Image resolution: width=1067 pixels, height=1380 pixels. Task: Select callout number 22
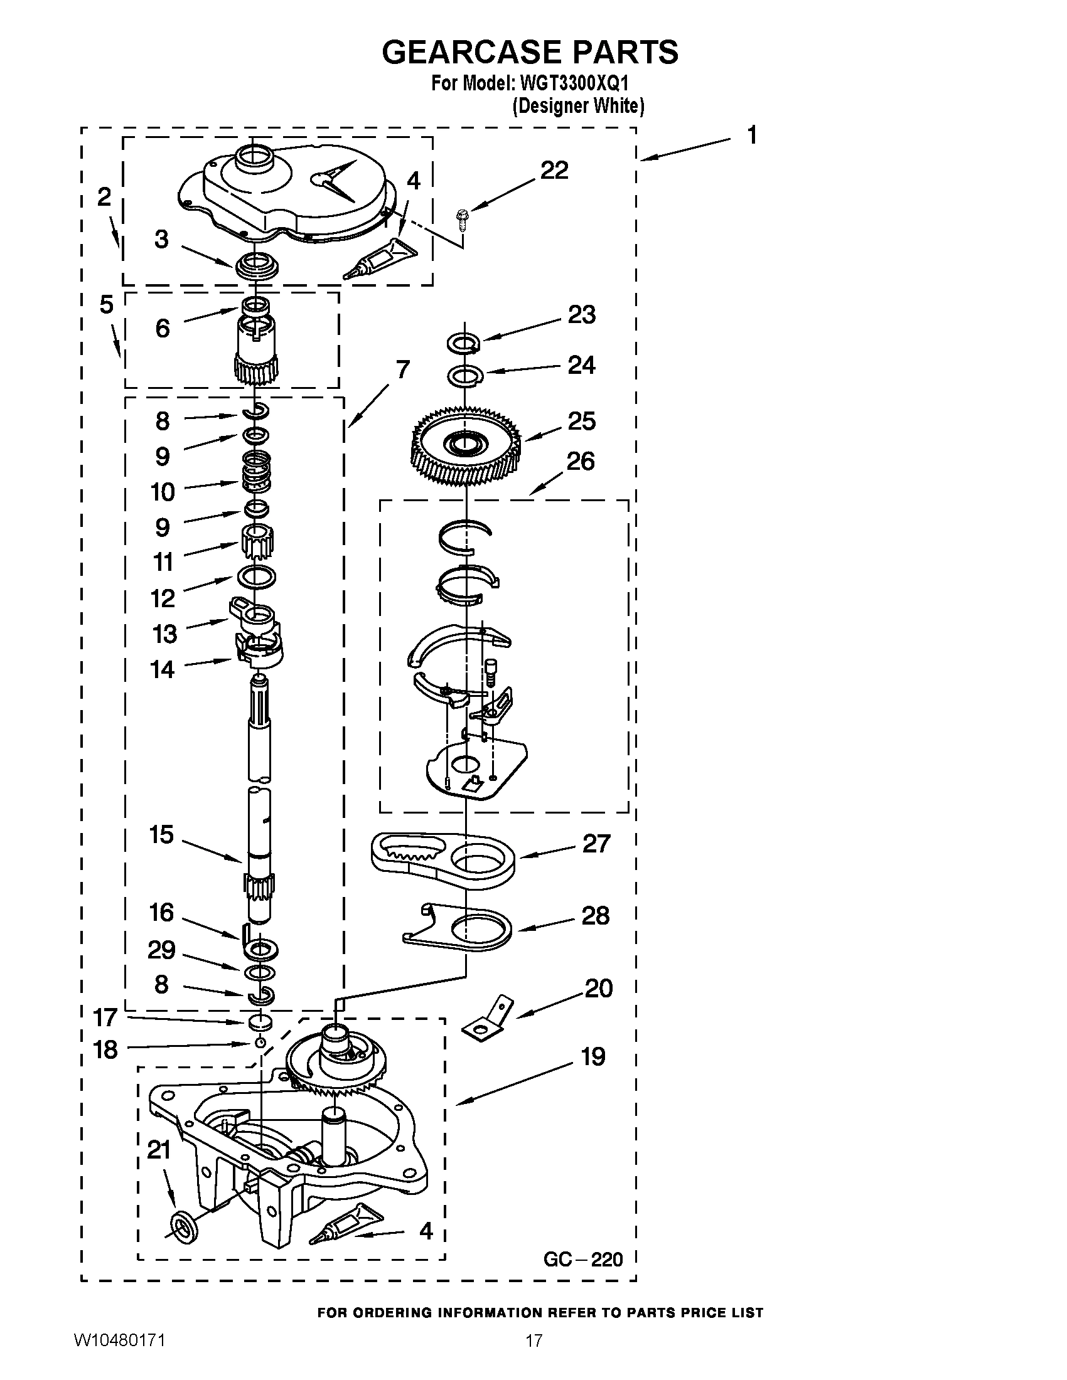[554, 171]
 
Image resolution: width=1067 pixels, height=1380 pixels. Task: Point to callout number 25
[582, 421]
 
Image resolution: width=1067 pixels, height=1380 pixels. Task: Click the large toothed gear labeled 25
[466, 446]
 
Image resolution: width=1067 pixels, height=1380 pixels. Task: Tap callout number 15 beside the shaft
[161, 835]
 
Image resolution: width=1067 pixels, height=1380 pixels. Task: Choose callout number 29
[161, 950]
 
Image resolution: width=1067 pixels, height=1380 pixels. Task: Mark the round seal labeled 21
[184, 1226]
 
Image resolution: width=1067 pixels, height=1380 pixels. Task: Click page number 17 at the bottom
[534, 1357]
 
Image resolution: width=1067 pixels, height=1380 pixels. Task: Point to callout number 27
[596, 844]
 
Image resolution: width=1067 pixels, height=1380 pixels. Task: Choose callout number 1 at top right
[751, 135]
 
